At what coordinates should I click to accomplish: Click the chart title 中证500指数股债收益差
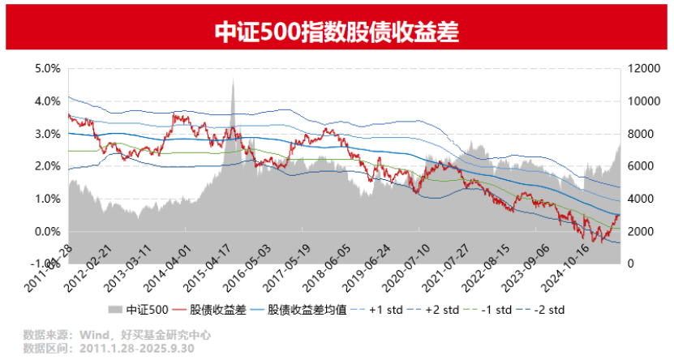click(337, 31)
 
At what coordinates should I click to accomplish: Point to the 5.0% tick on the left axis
click(48, 69)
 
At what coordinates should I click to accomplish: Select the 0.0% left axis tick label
click(48, 232)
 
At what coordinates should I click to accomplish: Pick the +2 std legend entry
click(435, 310)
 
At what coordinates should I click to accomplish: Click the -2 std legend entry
click(547, 310)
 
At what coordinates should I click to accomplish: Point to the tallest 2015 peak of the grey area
click(234, 80)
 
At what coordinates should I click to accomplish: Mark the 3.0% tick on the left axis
click(48, 134)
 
